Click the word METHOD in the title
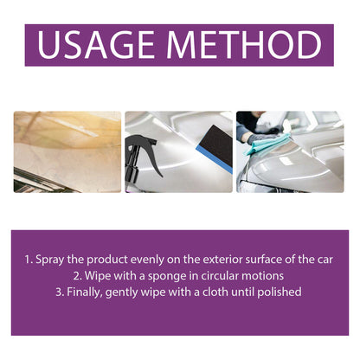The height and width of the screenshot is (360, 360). tap(244, 45)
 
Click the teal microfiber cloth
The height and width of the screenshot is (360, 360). tap(266, 145)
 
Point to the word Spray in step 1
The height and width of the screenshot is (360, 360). tap(50, 260)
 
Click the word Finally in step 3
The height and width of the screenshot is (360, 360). tap(84, 292)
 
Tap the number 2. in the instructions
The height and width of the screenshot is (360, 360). tap(77, 276)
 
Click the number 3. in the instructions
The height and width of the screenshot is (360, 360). tap(60, 292)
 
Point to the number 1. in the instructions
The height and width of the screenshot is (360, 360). tap(29, 260)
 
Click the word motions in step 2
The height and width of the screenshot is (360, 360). tap(263, 276)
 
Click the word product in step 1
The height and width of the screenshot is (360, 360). tap(107, 260)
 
